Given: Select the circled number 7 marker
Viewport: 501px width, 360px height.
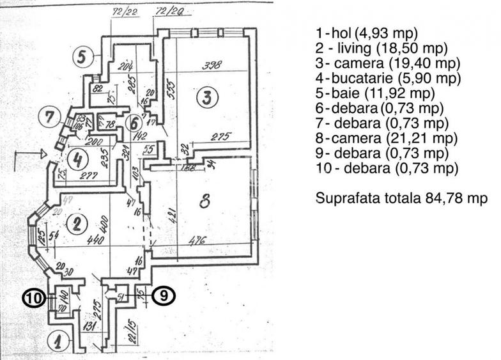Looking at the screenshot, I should click(49, 118).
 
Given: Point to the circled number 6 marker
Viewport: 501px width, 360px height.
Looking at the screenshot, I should click(134, 121).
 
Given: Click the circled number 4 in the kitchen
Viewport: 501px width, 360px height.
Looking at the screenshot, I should click(77, 159).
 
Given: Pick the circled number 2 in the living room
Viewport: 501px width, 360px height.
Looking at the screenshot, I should click(77, 223).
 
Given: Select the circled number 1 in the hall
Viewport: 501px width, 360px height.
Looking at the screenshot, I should click(58, 341).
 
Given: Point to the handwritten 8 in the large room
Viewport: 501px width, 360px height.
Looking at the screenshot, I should click(204, 203).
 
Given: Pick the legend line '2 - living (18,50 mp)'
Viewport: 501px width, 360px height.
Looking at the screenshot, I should click(382, 48).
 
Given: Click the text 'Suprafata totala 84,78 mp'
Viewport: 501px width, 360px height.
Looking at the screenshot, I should click(402, 198).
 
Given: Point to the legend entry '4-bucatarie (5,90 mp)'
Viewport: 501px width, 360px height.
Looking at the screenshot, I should click(388, 78).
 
